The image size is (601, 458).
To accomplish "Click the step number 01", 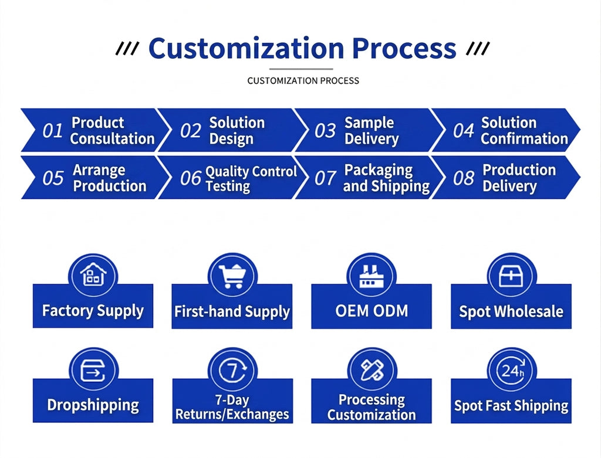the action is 52,131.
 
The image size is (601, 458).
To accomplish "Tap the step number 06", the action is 191,178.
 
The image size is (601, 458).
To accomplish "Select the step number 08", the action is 464,178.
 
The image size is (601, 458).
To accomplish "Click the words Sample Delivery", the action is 372,131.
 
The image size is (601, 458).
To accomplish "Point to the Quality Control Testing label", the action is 251,178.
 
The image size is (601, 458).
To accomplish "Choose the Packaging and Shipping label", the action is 386,178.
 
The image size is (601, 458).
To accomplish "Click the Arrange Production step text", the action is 110,178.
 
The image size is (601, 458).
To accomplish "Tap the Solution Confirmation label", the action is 524,131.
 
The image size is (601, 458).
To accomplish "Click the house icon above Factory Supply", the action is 93,274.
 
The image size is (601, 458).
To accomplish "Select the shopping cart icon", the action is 232,276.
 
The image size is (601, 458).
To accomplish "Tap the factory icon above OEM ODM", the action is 372,276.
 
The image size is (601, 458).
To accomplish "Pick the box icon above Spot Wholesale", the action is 511,276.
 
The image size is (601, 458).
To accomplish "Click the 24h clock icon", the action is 511,370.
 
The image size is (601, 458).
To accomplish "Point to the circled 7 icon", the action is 232,370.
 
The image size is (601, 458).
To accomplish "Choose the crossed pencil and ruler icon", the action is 372,370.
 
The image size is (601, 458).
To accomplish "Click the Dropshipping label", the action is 93,405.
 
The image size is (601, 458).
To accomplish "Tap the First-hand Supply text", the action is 232,312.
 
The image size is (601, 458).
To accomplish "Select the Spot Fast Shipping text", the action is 511,406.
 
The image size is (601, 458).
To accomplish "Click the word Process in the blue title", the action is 404,48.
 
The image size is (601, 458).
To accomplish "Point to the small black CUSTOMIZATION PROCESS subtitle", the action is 303,81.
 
